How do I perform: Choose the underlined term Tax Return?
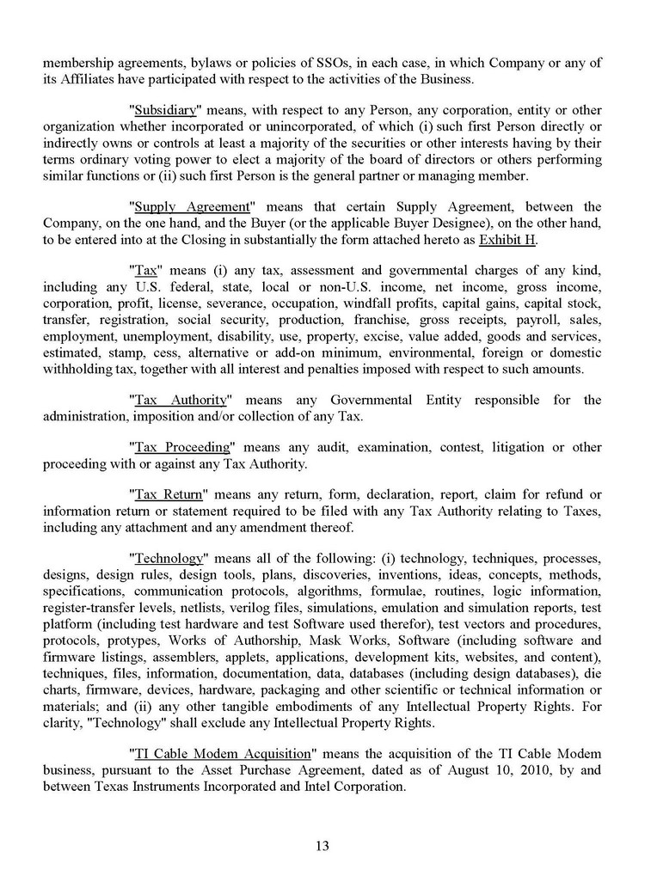(x=168, y=494)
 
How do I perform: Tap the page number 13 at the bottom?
(x=322, y=845)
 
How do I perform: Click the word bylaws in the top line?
(x=192, y=64)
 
